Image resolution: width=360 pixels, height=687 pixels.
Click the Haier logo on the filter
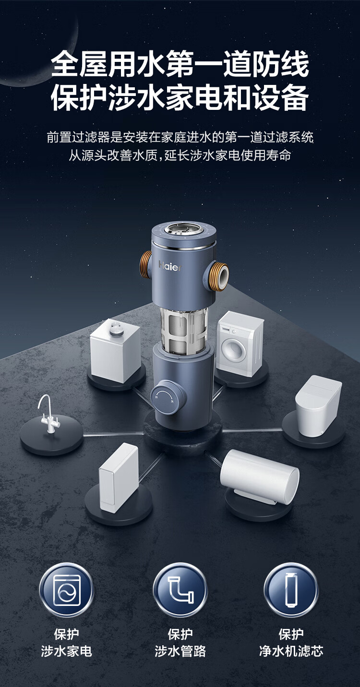pyautogui.click(x=170, y=266)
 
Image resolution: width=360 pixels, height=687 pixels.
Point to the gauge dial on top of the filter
pyautogui.click(x=184, y=231)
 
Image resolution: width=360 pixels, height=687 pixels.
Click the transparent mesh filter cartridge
pyautogui.click(x=183, y=329)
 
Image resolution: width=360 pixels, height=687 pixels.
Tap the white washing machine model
pyautogui.click(x=240, y=343)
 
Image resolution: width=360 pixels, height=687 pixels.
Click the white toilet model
pyautogui.click(x=318, y=405)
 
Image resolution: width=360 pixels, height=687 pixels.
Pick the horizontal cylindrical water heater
pyautogui.click(x=259, y=477)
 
